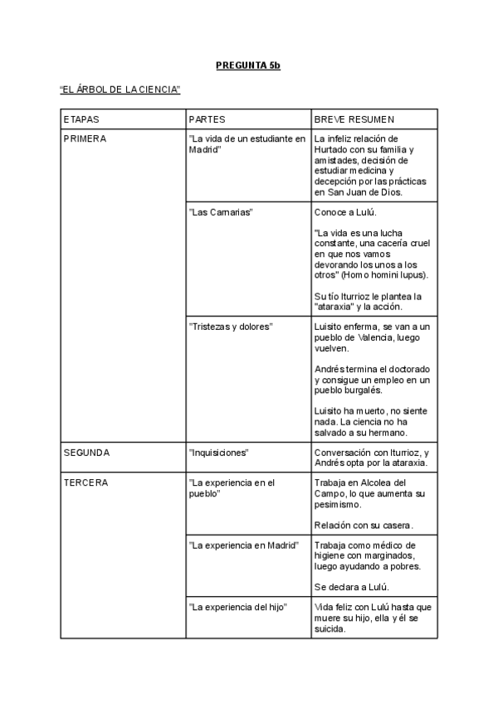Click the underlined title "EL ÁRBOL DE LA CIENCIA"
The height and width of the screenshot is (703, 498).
tap(120, 89)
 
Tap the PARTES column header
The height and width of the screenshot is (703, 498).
tap(207, 119)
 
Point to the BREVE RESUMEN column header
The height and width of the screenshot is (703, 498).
tap(354, 119)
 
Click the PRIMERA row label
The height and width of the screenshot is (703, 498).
tap(85, 138)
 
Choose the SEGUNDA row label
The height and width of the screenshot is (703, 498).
tap(87, 453)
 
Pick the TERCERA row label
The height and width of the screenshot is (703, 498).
tap(85, 482)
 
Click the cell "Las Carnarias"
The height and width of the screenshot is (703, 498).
tap(221, 212)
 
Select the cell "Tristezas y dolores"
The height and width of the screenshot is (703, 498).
tap(231, 327)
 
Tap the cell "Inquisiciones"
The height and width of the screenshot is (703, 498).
tap(220, 453)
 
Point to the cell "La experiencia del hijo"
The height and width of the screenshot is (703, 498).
tap(238, 608)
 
